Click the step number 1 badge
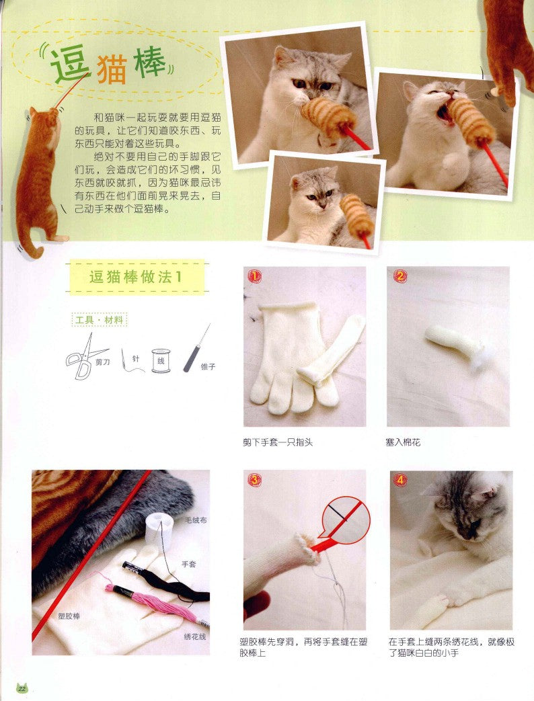click(x=254, y=276)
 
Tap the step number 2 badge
click(x=399, y=276)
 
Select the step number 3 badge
click(x=254, y=481)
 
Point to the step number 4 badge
click(x=400, y=481)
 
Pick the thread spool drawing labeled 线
click(x=159, y=361)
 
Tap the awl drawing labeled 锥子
click(x=196, y=350)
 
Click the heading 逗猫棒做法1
click(x=136, y=277)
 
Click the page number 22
click(x=22, y=688)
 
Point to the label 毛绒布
click(x=196, y=520)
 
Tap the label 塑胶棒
click(x=69, y=616)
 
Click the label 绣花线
click(x=194, y=636)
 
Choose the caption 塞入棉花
click(x=403, y=442)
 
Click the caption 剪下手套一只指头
click(x=278, y=442)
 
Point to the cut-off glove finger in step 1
click(x=331, y=352)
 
